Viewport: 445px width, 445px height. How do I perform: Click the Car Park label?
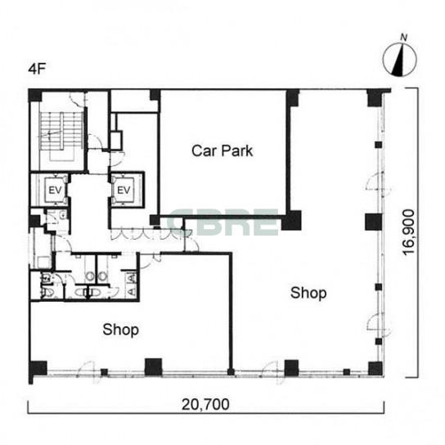coord(222,151)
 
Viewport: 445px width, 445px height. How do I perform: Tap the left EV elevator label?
coord(55,190)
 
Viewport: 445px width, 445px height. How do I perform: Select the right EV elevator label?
coord(124,190)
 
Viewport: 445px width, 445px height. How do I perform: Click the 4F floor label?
coord(37,69)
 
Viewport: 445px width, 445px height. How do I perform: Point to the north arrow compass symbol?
coord(400,60)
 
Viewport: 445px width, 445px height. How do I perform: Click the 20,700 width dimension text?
coord(205,404)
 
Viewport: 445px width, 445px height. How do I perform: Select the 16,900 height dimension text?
coord(409,232)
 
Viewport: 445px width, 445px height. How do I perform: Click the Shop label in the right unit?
coord(308,293)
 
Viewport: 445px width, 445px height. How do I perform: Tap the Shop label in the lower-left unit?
coord(120,330)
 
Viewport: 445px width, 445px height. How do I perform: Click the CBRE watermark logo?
coord(222,222)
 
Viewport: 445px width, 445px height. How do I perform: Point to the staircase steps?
coord(61,131)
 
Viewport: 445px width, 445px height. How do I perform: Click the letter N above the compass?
coord(403,38)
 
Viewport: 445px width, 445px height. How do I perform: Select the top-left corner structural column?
coord(35,96)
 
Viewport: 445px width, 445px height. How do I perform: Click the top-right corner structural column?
coord(375,98)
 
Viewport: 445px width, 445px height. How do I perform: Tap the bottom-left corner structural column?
coord(38,368)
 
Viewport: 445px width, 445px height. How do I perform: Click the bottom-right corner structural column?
coord(375,368)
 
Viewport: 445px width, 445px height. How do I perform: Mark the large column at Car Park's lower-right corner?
coord(291,220)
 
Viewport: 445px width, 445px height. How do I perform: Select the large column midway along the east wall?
coord(374,222)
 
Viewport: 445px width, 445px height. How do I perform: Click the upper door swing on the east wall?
coord(378,184)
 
